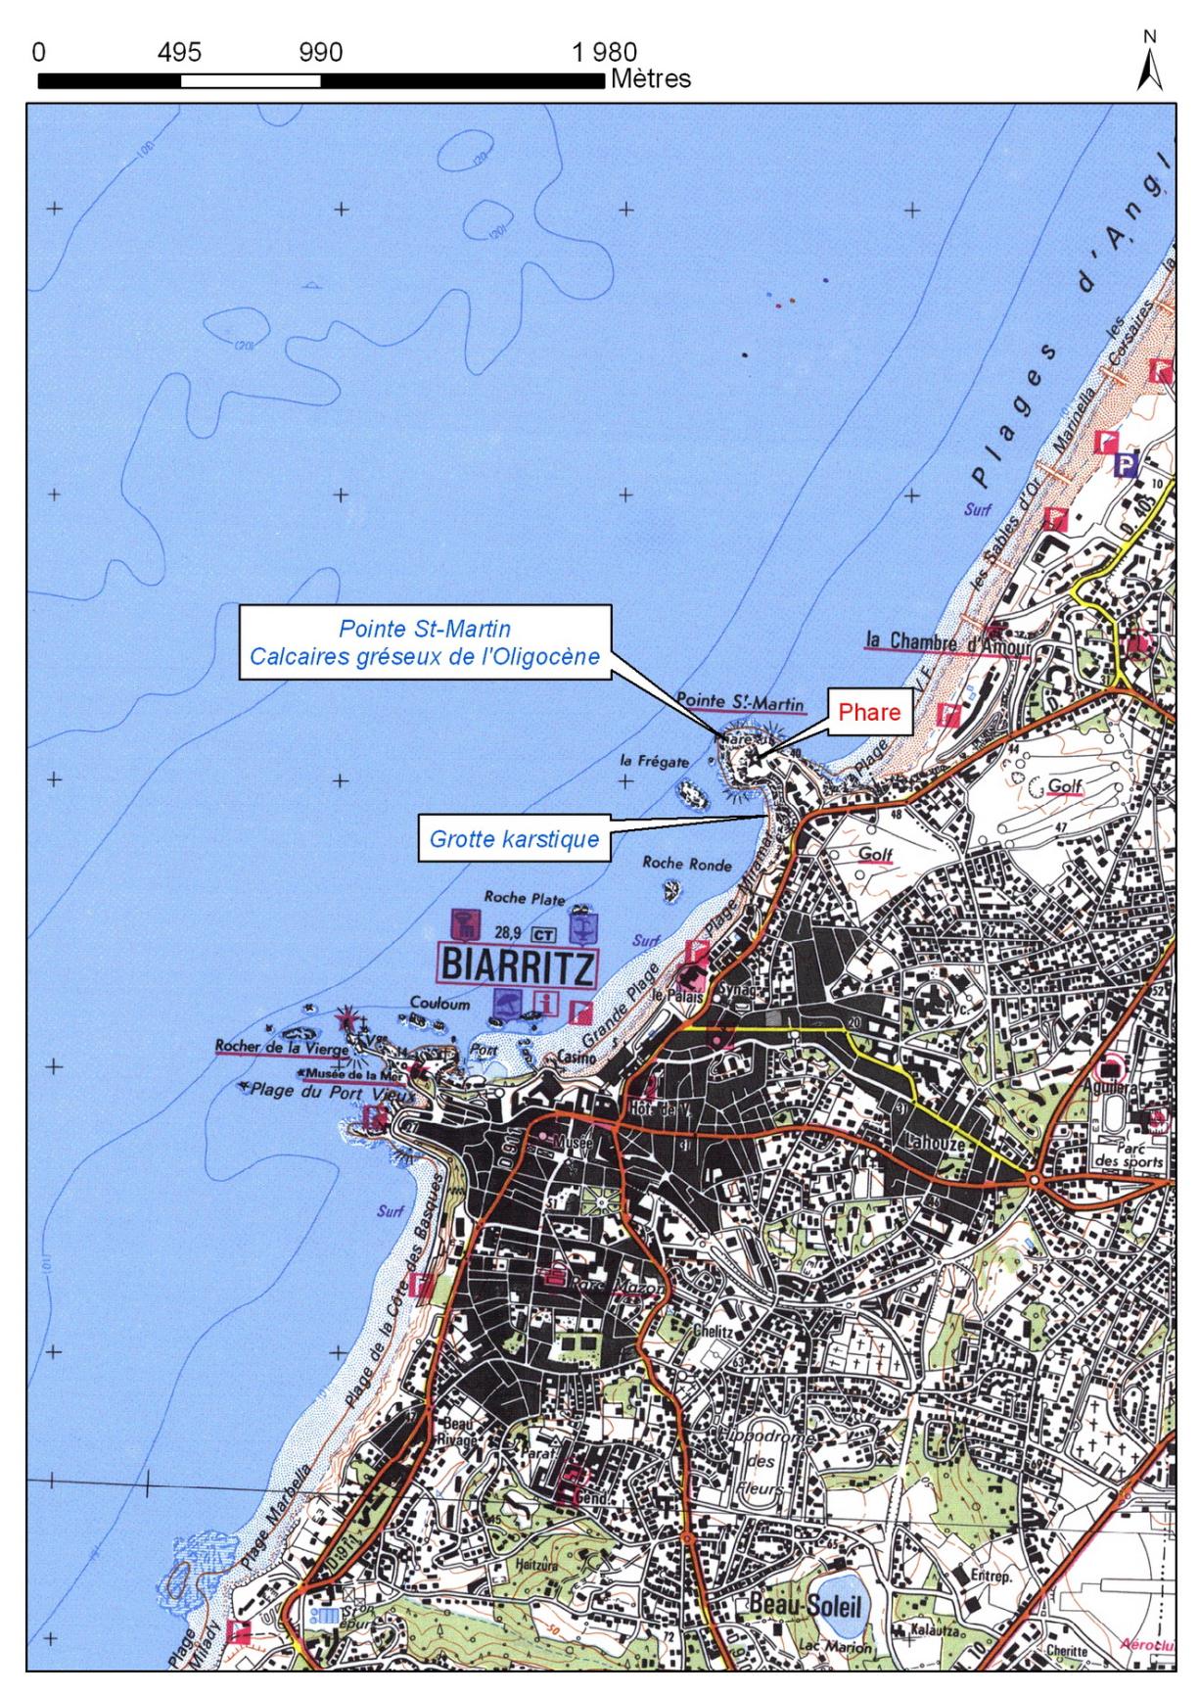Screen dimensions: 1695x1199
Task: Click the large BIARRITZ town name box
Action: (x=516, y=967)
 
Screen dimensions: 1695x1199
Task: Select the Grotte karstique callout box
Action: (x=515, y=839)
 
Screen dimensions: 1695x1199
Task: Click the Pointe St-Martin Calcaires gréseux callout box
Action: (x=424, y=641)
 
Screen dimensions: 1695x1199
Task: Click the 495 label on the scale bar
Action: (x=179, y=52)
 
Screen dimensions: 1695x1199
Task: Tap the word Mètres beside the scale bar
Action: (x=650, y=78)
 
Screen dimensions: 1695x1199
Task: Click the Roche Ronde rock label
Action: (x=686, y=864)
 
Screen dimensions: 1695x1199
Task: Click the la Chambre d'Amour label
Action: (x=946, y=643)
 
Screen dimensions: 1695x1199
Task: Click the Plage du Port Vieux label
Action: (x=326, y=1090)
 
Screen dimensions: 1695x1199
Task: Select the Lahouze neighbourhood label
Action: (x=935, y=1143)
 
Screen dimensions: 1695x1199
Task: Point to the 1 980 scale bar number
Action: (x=605, y=52)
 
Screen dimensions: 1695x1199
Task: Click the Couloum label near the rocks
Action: (x=439, y=1004)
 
